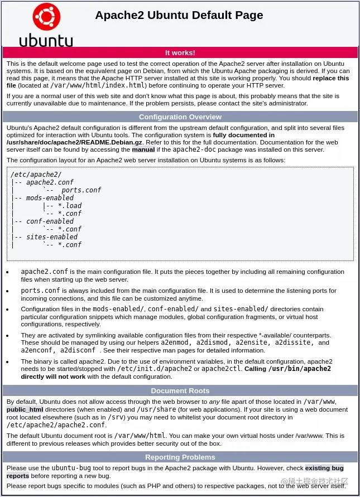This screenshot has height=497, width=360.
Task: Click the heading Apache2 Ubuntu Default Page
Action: coord(179,15)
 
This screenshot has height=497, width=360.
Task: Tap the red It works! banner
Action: coord(180,53)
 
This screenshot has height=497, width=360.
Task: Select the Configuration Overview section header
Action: coord(180,117)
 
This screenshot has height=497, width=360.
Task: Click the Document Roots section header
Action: coord(180,391)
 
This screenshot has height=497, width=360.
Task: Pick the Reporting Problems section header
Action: coord(180,457)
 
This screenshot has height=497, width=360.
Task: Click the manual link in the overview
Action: coord(143,149)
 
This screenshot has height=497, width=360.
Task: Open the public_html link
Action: coord(25,409)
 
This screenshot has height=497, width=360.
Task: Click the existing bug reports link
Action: coord(324,468)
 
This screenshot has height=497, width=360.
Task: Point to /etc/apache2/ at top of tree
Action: coord(28,175)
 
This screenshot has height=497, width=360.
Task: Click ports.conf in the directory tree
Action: coord(81,190)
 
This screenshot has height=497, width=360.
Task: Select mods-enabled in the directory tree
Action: coord(50,198)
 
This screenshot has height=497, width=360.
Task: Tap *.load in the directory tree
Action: coord(70,206)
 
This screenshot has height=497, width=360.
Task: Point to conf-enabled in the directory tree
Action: coord(50,221)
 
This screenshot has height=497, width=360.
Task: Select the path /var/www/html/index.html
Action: coord(98,86)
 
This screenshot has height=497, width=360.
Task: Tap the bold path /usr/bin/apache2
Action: coord(299,369)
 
